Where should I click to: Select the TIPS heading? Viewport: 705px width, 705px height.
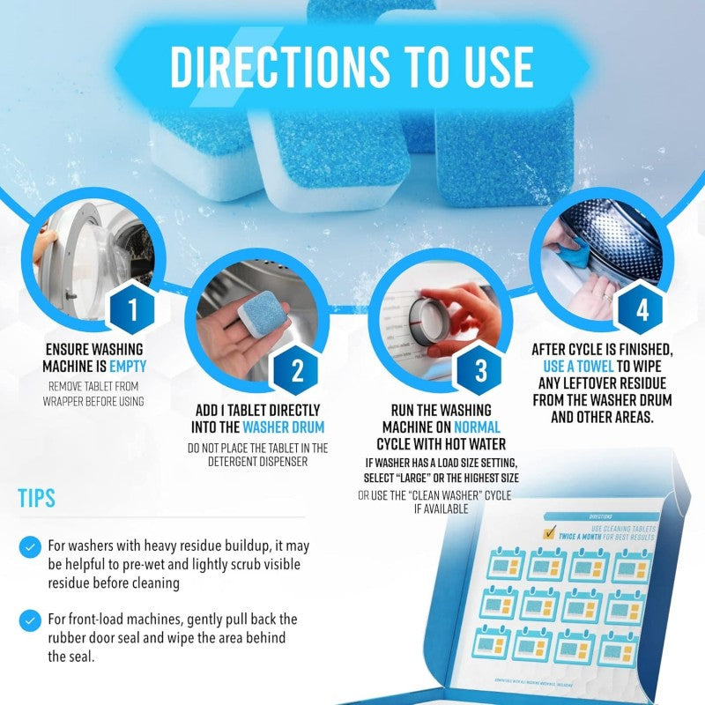tap(37, 498)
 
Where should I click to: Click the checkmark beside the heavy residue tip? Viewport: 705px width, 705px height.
tap(32, 546)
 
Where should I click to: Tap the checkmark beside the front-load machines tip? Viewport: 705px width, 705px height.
tap(32, 619)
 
